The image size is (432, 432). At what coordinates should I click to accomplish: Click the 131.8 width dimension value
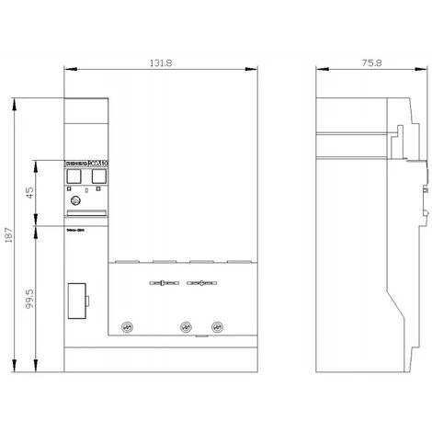[157, 63]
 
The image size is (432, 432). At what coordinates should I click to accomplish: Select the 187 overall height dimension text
[10, 235]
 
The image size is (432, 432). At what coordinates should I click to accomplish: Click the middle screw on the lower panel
[186, 324]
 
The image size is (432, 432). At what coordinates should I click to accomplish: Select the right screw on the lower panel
[217, 324]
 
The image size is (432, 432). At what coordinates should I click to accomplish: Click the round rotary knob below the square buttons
[75, 201]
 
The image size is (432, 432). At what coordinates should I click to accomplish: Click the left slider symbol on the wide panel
[163, 284]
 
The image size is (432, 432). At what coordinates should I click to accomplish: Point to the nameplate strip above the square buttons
[85, 164]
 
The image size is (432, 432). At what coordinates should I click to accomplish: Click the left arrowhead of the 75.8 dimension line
[317, 70]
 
